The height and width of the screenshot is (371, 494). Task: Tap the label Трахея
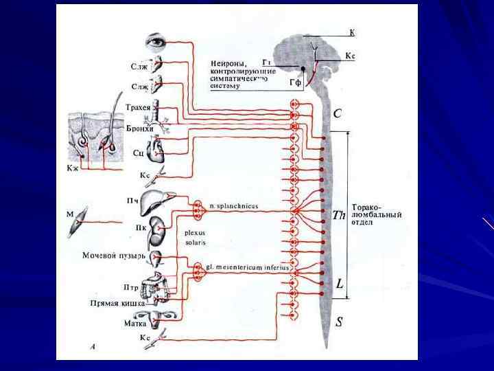click(x=139, y=108)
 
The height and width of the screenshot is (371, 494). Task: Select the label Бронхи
click(x=139, y=128)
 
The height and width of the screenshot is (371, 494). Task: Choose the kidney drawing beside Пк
click(x=158, y=225)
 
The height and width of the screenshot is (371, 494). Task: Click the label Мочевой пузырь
click(x=113, y=256)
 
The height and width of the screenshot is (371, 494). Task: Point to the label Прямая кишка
click(x=117, y=302)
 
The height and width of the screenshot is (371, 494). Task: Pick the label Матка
click(x=136, y=322)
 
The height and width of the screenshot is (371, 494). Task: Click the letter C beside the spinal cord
click(x=338, y=113)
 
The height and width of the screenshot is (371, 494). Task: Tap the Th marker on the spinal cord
click(x=339, y=215)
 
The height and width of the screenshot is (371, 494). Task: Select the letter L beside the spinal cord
click(x=340, y=283)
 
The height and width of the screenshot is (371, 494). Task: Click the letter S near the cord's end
click(x=339, y=321)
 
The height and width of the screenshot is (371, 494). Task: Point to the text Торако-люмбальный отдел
click(x=376, y=214)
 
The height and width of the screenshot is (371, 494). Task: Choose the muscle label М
click(x=69, y=215)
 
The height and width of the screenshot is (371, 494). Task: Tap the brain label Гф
click(x=295, y=83)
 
